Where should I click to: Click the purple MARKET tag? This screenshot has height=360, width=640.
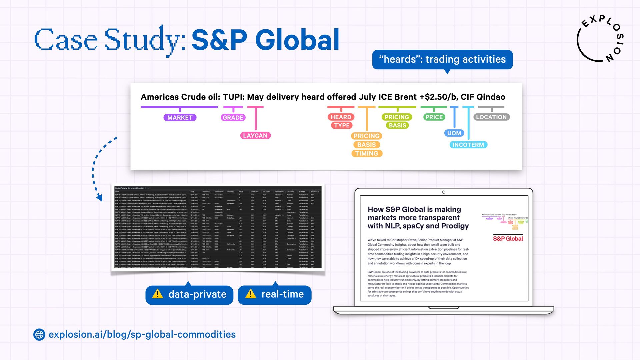coord(180,117)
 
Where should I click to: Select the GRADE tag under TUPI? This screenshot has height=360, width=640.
coord(233,117)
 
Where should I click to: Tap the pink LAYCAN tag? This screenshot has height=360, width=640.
coord(255,135)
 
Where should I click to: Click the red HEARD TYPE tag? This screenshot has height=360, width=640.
coord(341,121)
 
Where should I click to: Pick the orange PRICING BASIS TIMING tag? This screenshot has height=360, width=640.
coord(367,145)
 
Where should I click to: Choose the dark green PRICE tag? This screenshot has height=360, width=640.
coord(434,117)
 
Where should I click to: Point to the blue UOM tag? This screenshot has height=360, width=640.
coord(454,133)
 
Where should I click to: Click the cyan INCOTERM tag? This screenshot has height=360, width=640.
coord(468,145)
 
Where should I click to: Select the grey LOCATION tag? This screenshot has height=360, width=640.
coord(491,117)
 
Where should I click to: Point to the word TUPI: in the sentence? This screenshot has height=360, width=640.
coord(234,97)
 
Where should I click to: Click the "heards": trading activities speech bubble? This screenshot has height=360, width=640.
coord(442,59)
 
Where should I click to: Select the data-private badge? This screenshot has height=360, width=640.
coord(189,295)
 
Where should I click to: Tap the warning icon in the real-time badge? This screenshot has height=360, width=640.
coord(251,294)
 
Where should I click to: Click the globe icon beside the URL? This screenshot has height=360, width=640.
coord(39,334)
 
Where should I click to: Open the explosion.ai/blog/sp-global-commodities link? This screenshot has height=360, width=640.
coord(142,334)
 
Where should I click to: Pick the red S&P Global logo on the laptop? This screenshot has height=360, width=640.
coord(508,238)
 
